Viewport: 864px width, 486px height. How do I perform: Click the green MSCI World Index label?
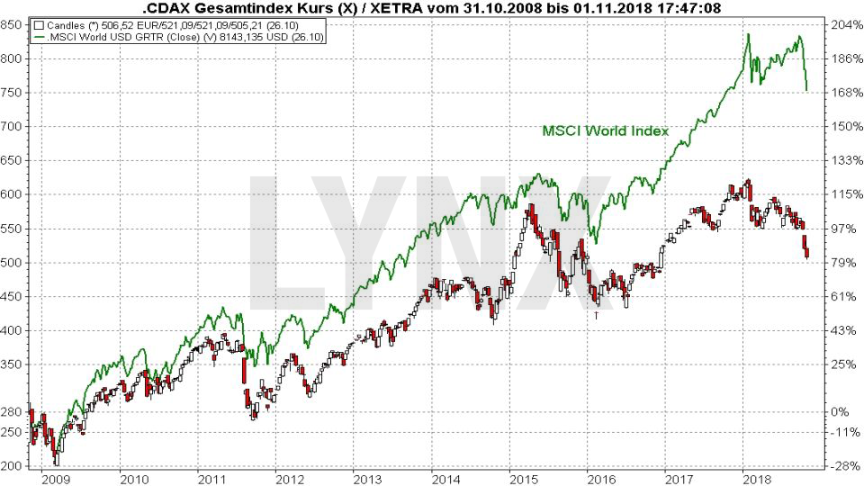(x=605, y=130)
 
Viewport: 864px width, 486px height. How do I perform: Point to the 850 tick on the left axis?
(x=13, y=24)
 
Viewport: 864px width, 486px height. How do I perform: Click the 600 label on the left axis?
(x=13, y=194)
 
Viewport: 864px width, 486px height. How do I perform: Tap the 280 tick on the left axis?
(x=13, y=412)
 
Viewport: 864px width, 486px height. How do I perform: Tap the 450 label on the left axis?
(x=13, y=296)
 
